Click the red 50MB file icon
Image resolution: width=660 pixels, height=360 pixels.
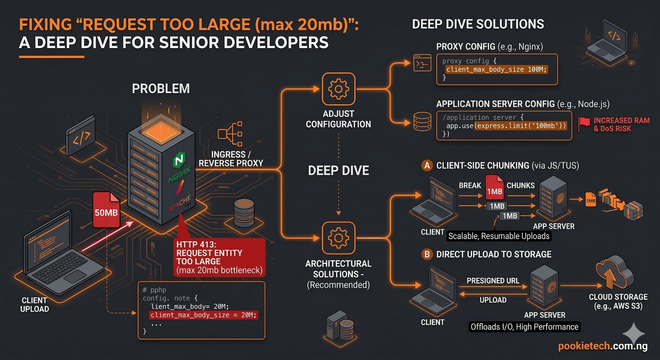point(106,210)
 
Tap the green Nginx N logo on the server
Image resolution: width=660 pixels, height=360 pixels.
point(179,160)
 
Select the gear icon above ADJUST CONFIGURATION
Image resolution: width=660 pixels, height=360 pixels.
point(338,89)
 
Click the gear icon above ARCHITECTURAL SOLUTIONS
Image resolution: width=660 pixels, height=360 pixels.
point(338,238)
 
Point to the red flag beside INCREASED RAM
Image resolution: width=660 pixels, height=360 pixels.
point(584,124)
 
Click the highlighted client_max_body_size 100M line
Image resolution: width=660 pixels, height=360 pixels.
point(496,69)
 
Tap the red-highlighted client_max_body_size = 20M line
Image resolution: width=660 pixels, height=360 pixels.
point(203,315)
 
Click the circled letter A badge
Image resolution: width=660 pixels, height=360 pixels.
point(427,165)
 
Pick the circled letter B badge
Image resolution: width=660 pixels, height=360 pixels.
point(427,254)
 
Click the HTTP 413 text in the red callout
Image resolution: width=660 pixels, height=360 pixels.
point(196,245)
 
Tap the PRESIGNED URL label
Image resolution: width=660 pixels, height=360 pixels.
point(493,281)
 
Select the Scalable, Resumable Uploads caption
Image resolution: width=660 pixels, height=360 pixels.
point(499,236)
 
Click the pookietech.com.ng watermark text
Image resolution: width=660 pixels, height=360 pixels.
point(602,346)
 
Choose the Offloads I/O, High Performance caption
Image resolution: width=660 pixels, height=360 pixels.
point(524,327)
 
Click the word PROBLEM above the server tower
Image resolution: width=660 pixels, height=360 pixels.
point(161,89)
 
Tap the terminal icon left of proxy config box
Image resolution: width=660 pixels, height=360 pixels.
point(422,63)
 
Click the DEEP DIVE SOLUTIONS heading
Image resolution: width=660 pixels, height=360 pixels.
point(478,24)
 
